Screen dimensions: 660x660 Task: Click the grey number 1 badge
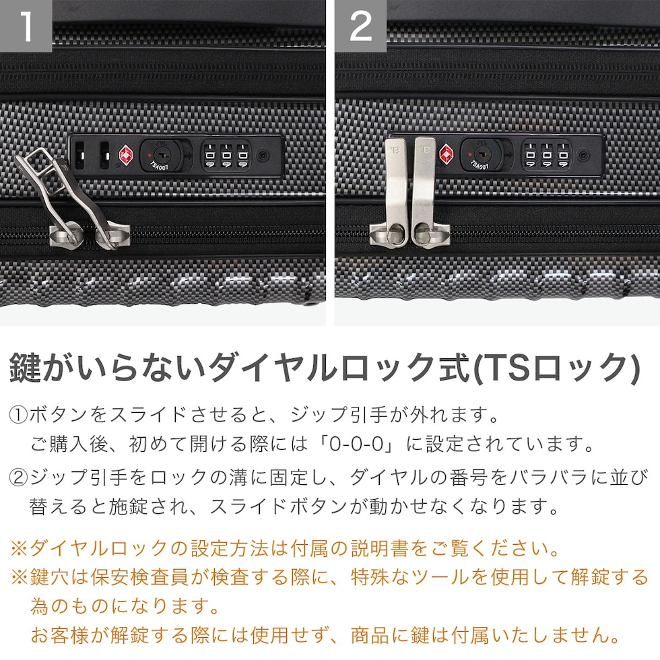coord(26,26)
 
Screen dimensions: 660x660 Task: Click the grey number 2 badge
coord(361,26)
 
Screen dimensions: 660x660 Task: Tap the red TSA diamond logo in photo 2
coord(447,154)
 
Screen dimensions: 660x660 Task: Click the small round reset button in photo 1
coord(263,156)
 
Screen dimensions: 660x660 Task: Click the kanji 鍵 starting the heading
coord(26,368)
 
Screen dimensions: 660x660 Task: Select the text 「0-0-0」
coord(356,444)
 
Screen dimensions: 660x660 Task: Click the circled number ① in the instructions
coord(18,415)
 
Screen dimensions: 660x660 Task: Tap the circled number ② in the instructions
coord(18,477)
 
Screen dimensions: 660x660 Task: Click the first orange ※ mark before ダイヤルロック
coord(19,548)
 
